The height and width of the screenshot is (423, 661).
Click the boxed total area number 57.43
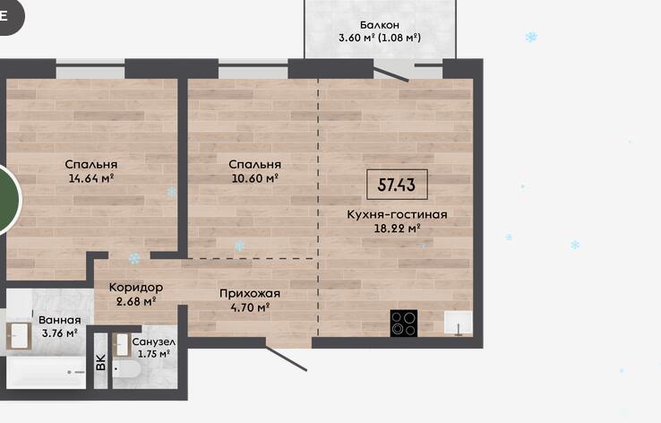point(397,185)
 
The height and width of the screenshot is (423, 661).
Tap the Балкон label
point(380,25)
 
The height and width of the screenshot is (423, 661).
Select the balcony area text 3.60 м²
point(356,38)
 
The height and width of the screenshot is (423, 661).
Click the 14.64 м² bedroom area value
point(91,178)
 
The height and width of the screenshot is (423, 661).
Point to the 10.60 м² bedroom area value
point(254,178)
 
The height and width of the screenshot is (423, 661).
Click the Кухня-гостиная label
point(397,215)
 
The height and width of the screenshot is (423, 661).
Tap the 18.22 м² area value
point(397,229)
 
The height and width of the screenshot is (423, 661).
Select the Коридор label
point(136,288)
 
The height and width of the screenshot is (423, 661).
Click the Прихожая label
point(250,294)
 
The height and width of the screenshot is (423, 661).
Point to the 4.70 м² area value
point(250,307)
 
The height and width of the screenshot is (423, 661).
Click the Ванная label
point(59,321)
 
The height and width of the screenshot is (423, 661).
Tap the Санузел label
point(153,342)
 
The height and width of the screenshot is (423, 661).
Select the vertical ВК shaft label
point(100,362)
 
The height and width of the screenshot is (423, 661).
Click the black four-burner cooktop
point(404,323)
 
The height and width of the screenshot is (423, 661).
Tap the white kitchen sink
point(459,323)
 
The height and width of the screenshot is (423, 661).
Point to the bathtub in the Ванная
point(46,373)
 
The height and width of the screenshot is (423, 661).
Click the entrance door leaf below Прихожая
point(286,358)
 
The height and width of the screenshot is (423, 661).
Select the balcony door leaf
point(391,74)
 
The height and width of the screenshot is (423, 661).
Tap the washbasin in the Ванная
point(19,336)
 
